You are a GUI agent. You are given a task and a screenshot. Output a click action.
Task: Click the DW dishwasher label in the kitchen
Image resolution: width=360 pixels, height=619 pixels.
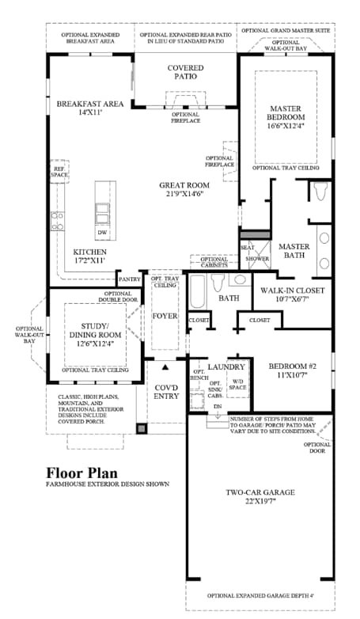[x=102, y=234]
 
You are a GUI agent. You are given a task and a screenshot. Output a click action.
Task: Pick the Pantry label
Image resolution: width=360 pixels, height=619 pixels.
[x=128, y=279]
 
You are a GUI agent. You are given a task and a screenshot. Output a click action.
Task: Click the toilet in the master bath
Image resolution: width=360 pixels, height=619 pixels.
[x=319, y=192]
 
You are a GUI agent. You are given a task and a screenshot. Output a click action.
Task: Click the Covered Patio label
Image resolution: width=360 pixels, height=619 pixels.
[x=186, y=74]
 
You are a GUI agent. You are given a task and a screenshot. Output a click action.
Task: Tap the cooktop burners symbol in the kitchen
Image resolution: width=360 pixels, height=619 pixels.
[x=57, y=221]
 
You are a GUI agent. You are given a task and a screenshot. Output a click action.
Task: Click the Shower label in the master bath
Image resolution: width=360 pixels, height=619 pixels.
[x=255, y=259]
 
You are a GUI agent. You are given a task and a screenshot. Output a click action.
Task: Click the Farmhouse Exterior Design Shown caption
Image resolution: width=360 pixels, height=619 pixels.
[x=107, y=484]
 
